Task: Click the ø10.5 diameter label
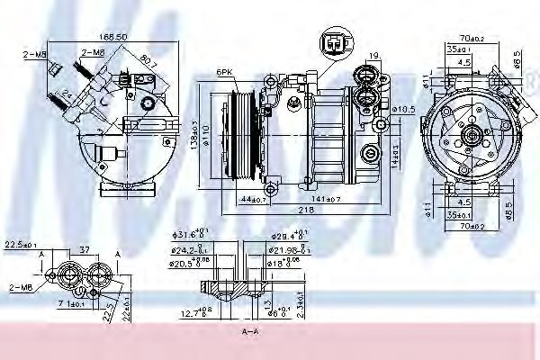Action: point(402,109)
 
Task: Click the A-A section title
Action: point(249,333)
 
